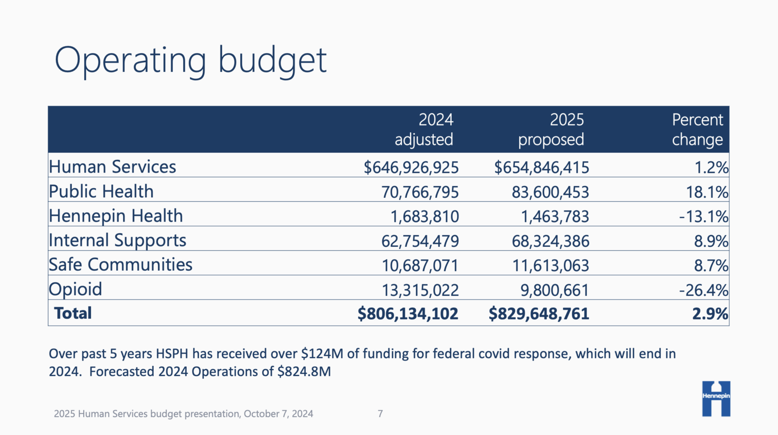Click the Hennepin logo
tap(716, 399)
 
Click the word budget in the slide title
tap(272, 60)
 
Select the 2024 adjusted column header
tap(424, 130)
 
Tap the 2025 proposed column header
tap(551, 130)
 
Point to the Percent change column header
tap(697, 130)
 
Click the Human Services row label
tap(112, 167)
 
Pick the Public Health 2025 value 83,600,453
tap(550, 192)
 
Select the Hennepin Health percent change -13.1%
tap(704, 217)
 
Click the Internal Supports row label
tap(117, 241)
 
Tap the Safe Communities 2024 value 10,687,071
tap(420, 266)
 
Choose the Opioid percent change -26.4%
tap(704, 291)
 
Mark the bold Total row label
tap(73, 313)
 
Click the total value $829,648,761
tap(539, 314)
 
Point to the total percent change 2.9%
tap(710, 314)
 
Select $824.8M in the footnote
tap(304, 372)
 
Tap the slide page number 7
tap(380, 414)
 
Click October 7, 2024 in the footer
tap(278, 414)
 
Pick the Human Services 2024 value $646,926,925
tap(411, 168)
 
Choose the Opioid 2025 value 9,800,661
tap(554, 291)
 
